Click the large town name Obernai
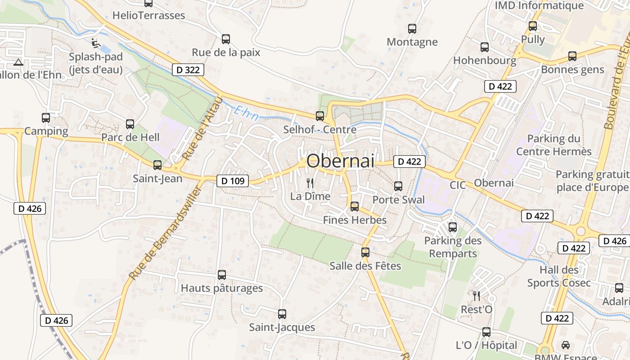(x=340, y=161)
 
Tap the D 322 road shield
(x=188, y=70)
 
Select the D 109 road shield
(x=233, y=181)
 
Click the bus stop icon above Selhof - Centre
(x=320, y=116)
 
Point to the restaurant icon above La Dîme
(x=310, y=183)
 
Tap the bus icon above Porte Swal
(x=398, y=186)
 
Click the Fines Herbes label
(x=355, y=220)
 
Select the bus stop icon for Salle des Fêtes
(x=365, y=252)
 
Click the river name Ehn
(x=247, y=114)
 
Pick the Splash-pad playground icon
(x=95, y=43)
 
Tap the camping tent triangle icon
(x=18, y=62)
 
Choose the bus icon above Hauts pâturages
(x=222, y=274)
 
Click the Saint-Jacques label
(x=282, y=327)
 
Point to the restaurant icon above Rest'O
(x=477, y=296)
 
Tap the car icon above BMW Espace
(x=566, y=345)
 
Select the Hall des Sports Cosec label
(x=559, y=276)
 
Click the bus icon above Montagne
(x=412, y=29)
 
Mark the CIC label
(x=458, y=185)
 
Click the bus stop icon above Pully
(x=533, y=26)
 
